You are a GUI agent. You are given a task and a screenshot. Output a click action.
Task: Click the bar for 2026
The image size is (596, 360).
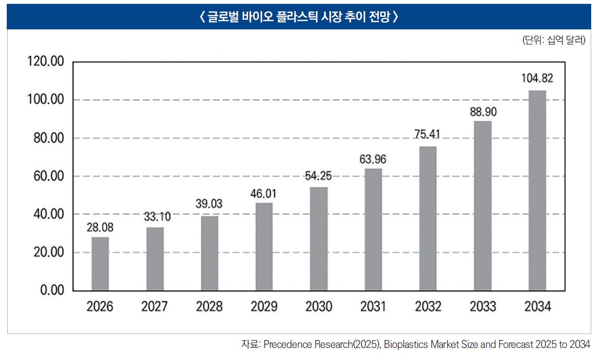(x=100, y=264)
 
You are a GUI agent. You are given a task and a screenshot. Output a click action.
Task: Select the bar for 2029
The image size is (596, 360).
(x=264, y=246)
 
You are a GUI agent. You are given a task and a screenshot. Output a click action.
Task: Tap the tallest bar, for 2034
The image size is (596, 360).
(x=537, y=191)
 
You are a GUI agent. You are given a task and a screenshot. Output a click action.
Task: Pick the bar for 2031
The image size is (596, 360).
(x=373, y=230)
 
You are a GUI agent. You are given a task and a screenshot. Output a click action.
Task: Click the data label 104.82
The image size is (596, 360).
(x=537, y=78)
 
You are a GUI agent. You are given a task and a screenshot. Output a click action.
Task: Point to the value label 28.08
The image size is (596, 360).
(x=100, y=227)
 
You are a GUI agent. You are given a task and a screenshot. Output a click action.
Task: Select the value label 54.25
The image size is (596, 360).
(x=318, y=176)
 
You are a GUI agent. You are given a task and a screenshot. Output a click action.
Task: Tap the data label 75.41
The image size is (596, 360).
(x=428, y=135)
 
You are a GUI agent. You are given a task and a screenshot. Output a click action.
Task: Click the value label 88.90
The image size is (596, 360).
(x=482, y=112)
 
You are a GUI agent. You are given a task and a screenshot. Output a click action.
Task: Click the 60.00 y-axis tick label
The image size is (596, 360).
(x=46, y=176)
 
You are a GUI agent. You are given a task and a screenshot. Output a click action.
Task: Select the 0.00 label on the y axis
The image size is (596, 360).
(x=50, y=291)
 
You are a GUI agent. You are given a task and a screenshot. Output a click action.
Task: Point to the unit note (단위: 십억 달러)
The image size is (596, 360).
(x=554, y=40)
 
